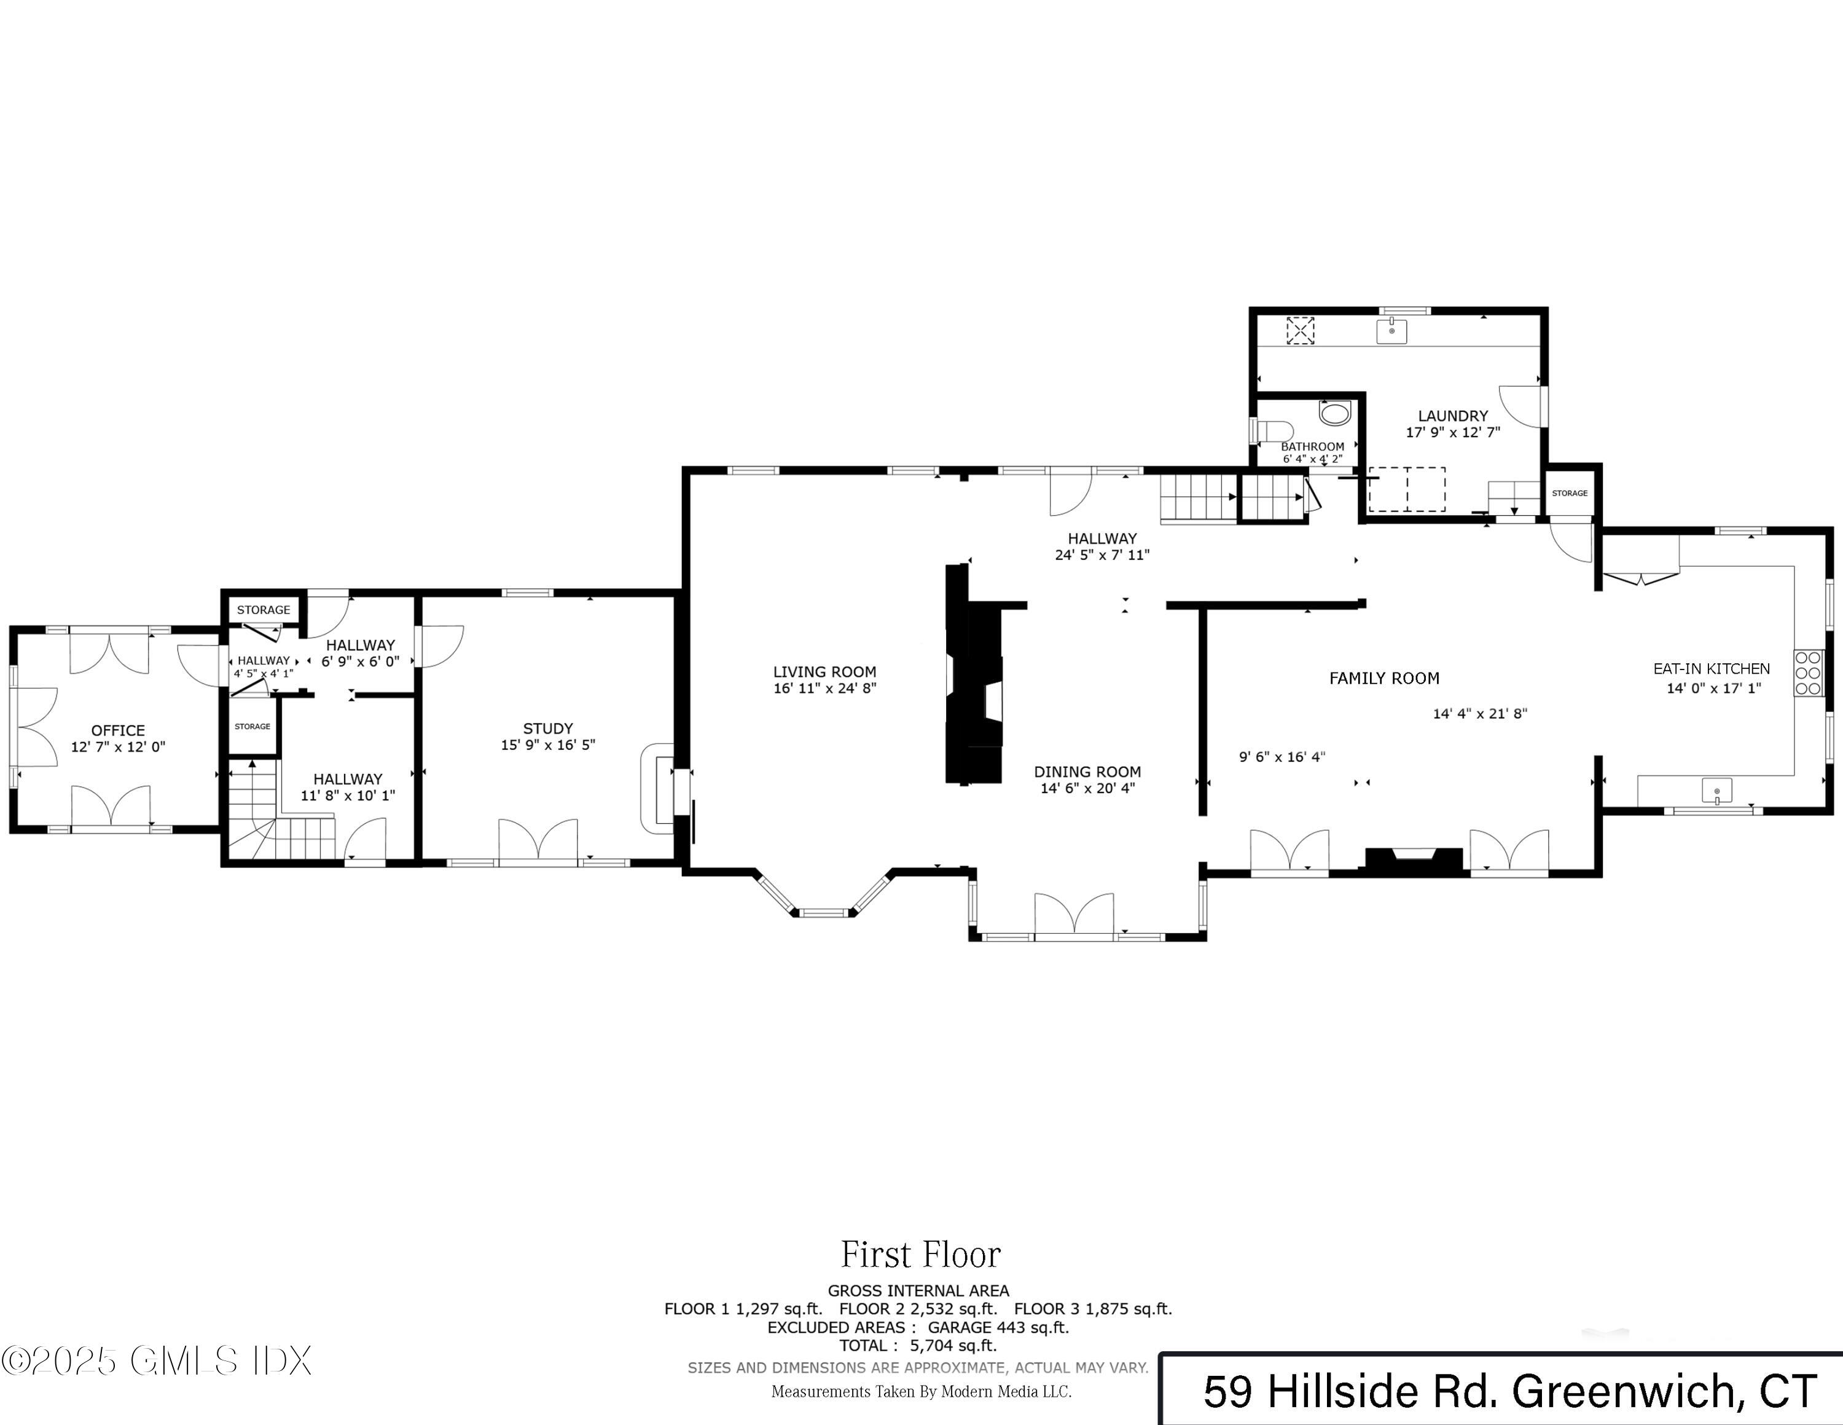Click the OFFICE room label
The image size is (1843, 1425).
coord(118,730)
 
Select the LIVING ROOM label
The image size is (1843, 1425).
coord(824,672)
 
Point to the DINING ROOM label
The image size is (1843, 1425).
coord(1087,772)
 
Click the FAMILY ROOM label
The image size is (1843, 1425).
coord(1384,678)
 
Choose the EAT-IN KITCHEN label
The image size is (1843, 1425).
coord(1712,669)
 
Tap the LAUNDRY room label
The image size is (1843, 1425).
coord(1452,416)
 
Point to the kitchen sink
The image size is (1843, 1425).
coord(1716,792)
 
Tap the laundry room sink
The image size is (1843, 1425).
coord(1391,331)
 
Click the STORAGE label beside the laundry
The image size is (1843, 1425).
coord(1570,493)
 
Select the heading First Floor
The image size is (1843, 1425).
coord(921,1255)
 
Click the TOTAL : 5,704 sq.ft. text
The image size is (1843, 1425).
coord(918,1346)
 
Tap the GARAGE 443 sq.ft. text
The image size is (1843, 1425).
coord(998,1327)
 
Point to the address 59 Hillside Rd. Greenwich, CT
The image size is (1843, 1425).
coord(1509,1392)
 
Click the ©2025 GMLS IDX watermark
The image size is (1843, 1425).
coord(157,1361)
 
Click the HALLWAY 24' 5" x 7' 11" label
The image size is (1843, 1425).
coord(1102,546)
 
